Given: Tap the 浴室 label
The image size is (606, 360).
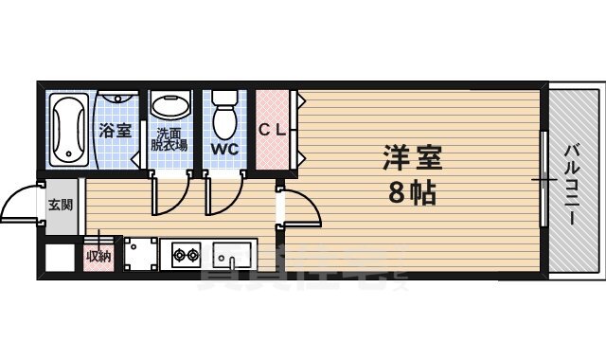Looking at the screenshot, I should [x=116, y=131].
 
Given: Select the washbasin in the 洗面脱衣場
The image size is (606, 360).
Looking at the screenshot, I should [x=170, y=107].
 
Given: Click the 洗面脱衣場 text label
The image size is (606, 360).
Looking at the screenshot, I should [x=170, y=139].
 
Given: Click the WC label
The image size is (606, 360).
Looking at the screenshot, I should [x=224, y=149].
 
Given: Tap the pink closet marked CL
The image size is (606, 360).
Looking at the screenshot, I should [x=274, y=130].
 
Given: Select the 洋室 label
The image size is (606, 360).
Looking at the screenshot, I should [x=413, y=155].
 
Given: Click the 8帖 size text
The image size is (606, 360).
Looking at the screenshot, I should [x=412, y=192].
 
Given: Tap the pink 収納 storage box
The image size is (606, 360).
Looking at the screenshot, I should [x=98, y=256].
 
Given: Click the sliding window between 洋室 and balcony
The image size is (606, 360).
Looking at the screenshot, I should [x=544, y=179].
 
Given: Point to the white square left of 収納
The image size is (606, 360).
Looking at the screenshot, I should [x=60, y=258].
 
